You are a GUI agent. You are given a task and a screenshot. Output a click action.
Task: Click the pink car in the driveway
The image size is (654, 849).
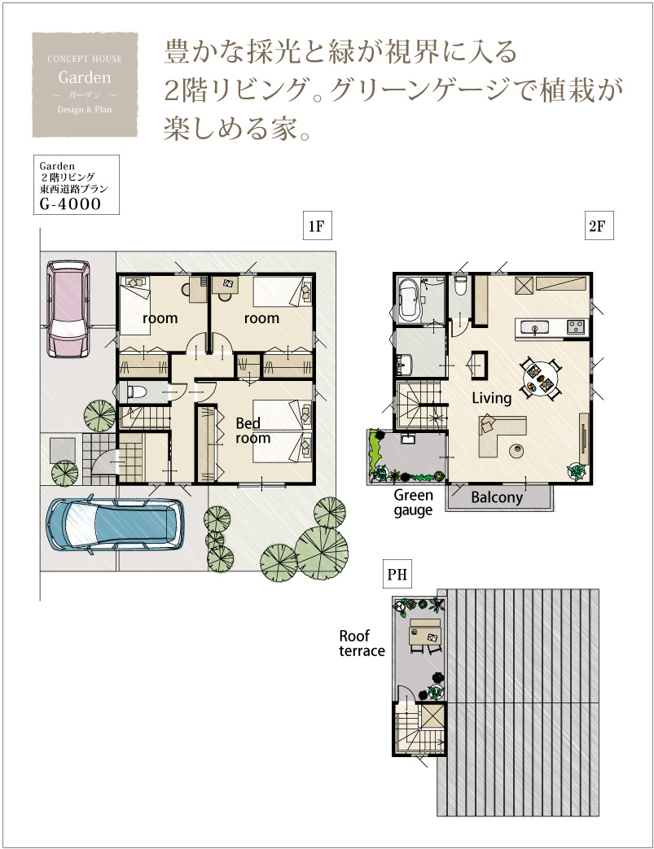[x=68, y=309]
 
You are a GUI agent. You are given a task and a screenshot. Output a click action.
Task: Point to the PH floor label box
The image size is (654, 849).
[x=397, y=574]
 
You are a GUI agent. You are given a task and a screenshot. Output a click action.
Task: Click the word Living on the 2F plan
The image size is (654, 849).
[x=491, y=399]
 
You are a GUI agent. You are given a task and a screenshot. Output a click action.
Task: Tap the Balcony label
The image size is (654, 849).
[x=497, y=497]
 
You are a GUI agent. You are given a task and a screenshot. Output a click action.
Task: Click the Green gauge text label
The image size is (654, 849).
[x=414, y=502]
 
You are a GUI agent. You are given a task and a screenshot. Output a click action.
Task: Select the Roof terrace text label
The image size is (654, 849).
[x=362, y=643]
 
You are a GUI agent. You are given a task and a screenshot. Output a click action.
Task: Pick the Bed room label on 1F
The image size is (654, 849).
[x=252, y=431]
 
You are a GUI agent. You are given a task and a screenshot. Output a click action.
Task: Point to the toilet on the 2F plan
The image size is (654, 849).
[x=460, y=286]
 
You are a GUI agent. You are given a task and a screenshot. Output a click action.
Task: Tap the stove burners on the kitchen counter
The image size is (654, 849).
[x=576, y=327]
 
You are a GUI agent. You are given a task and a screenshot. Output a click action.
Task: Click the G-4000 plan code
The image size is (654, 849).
[x=70, y=204]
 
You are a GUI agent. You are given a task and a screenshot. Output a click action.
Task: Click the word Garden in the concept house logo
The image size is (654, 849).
[x=85, y=77]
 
